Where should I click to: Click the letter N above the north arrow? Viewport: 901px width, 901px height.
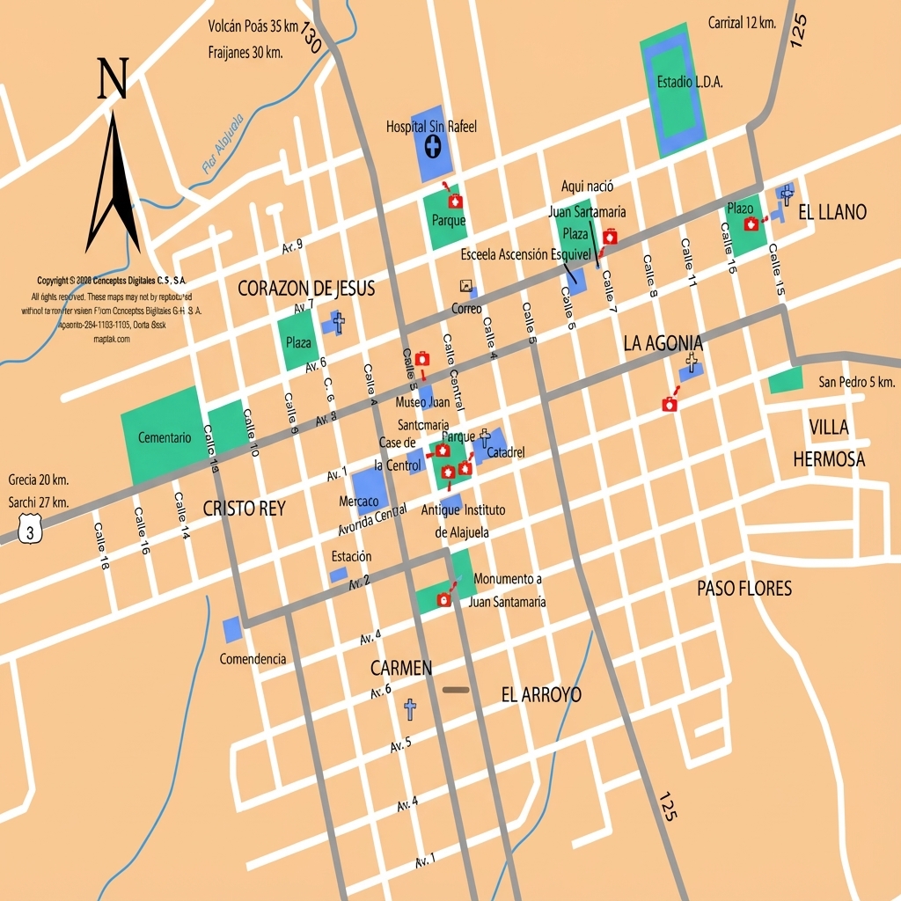pyautogui.click(x=113, y=78)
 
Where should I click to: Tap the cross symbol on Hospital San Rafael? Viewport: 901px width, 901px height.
pyautogui.click(x=433, y=146)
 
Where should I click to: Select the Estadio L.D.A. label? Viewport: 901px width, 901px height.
pyautogui.click(x=690, y=82)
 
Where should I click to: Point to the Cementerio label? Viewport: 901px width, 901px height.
pyautogui.click(x=164, y=437)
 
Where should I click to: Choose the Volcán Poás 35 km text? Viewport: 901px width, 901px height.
pyautogui.click(x=253, y=26)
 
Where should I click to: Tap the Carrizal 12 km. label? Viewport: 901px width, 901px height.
pyautogui.click(x=741, y=23)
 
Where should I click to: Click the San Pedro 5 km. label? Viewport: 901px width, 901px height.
pyautogui.click(x=856, y=382)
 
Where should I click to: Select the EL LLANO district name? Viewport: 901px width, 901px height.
pyautogui.click(x=831, y=212)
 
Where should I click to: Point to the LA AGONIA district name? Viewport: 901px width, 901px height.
pyautogui.click(x=663, y=343)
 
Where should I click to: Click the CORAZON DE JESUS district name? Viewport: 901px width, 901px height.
pyautogui.click(x=306, y=288)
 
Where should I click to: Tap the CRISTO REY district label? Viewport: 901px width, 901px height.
pyautogui.click(x=244, y=509)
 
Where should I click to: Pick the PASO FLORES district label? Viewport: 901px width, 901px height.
pyautogui.click(x=744, y=589)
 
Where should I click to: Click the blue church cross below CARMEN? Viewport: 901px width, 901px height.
pyautogui.click(x=409, y=708)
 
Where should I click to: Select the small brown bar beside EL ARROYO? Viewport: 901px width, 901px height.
pyautogui.click(x=456, y=689)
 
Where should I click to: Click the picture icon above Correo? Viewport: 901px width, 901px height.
pyautogui.click(x=465, y=286)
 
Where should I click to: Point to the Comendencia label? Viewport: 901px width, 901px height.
pyautogui.click(x=253, y=659)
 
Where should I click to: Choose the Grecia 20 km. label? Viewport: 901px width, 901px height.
pyautogui.click(x=38, y=480)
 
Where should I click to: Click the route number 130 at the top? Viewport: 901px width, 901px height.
pyautogui.click(x=310, y=38)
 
